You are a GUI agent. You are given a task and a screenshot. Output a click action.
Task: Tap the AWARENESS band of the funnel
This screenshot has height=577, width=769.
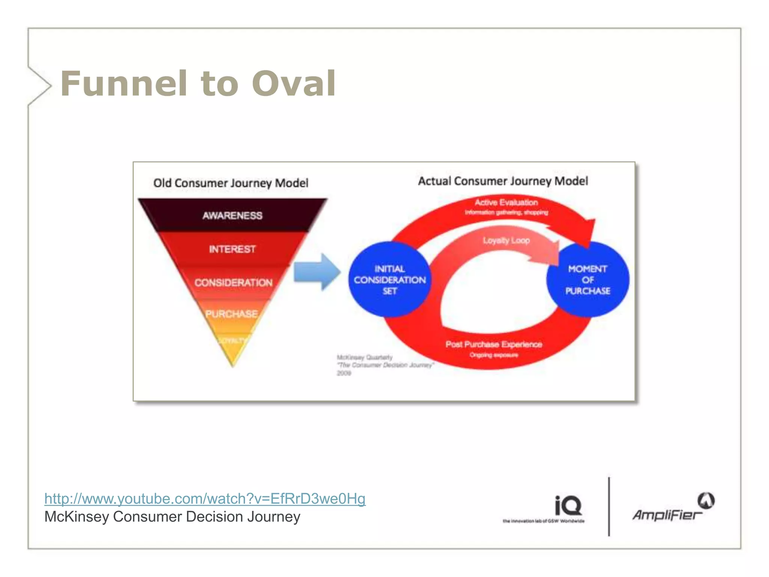pyautogui.click(x=232, y=215)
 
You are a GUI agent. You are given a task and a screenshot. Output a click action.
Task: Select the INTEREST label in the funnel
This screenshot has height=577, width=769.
pyautogui.click(x=232, y=249)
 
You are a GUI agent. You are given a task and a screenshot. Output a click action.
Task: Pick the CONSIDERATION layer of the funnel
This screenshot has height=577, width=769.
pyautogui.click(x=233, y=282)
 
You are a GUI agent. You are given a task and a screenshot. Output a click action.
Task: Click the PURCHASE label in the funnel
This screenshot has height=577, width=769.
pyautogui.click(x=232, y=314)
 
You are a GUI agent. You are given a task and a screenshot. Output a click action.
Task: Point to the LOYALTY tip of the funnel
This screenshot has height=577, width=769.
pyautogui.click(x=233, y=341)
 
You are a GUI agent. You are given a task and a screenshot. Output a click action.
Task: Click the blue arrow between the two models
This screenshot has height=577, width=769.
pyautogui.click(x=317, y=272)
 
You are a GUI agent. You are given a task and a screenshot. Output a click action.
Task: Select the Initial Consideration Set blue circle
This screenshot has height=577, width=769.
pyautogui.click(x=389, y=280)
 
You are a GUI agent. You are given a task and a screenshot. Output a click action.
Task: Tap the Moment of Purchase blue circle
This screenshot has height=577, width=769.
pyautogui.click(x=588, y=280)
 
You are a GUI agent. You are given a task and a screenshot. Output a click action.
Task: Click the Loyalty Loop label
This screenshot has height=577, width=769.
pyautogui.click(x=506, y=240)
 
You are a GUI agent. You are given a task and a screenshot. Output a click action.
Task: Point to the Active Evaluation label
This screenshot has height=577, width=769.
pyautogui.click(x=506, y=203)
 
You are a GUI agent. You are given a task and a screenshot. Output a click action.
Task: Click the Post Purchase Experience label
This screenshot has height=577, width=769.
pyautogui.click(x=494, y=344)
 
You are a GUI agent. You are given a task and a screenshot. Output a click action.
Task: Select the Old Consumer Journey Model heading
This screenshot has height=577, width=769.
pyautogui.click(x=231, y=183)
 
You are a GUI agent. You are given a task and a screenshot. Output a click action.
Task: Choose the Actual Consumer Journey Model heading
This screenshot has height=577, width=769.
pyautogui.click(x=503, y=181)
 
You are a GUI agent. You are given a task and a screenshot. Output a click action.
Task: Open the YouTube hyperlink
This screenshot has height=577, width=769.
pyautogui.click(x=205, y=498)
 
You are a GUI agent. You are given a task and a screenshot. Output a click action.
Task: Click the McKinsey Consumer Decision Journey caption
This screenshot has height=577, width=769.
pyautogui.click(x=172, y=517)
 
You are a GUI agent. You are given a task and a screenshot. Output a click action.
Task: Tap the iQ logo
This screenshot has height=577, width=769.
pyautogui.click(x=568, y=506)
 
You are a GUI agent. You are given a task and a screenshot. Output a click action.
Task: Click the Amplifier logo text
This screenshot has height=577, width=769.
pyautogui.click(x=666, y=515)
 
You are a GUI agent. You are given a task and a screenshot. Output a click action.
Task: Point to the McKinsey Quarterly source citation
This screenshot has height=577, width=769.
pyautogui.click(x=385, y=365)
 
